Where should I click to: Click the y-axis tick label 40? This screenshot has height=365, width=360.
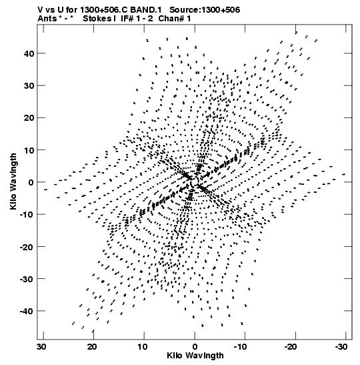(29, 53)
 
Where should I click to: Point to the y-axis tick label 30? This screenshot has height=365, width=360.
(29, 85)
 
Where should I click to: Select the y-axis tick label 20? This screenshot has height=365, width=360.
(29, 118)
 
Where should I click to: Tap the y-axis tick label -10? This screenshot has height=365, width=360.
(27, 214)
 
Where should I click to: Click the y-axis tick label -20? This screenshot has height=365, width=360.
(27, 246)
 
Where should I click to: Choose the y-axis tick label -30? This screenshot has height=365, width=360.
(27, 279)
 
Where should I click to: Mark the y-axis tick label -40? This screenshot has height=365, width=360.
(27, 311)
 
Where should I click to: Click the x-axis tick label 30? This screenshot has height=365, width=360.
(41, 347)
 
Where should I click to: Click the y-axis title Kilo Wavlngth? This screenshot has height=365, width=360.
(13, 181)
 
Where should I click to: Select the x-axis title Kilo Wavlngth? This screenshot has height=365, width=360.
(195, 356)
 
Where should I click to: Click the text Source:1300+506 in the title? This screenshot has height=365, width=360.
(205, 10)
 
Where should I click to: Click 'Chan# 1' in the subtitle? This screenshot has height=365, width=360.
(175, 19)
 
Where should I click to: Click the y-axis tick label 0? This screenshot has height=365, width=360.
(31, 182)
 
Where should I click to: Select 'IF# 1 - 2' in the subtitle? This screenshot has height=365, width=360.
(137, 19)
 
